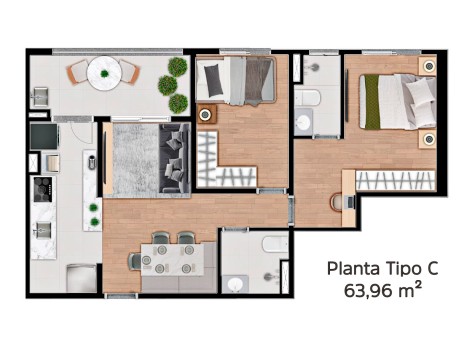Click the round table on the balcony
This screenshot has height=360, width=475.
click(x=104, y=73)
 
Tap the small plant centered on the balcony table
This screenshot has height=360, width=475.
click(x=104, y=73)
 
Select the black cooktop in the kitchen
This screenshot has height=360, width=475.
click(x=43, y=189)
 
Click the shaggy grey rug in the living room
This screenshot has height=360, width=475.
click(x=136, y=160)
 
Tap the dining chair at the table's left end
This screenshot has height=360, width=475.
click(x=135, y=261)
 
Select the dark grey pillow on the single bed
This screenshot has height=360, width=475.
click(x=214, y=80)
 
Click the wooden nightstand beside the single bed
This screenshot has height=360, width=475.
click(x=207, y=115)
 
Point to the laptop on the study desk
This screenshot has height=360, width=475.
click(x=351, y=202)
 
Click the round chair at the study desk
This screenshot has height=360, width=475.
click(x=337, y=203)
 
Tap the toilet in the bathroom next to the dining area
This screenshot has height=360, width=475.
click(x=275, y=244)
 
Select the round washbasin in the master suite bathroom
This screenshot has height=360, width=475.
click(x=304, y=122)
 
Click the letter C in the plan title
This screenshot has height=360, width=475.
click(x=430, y=269)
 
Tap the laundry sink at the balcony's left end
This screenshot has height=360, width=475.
click(x=40, y=97)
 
